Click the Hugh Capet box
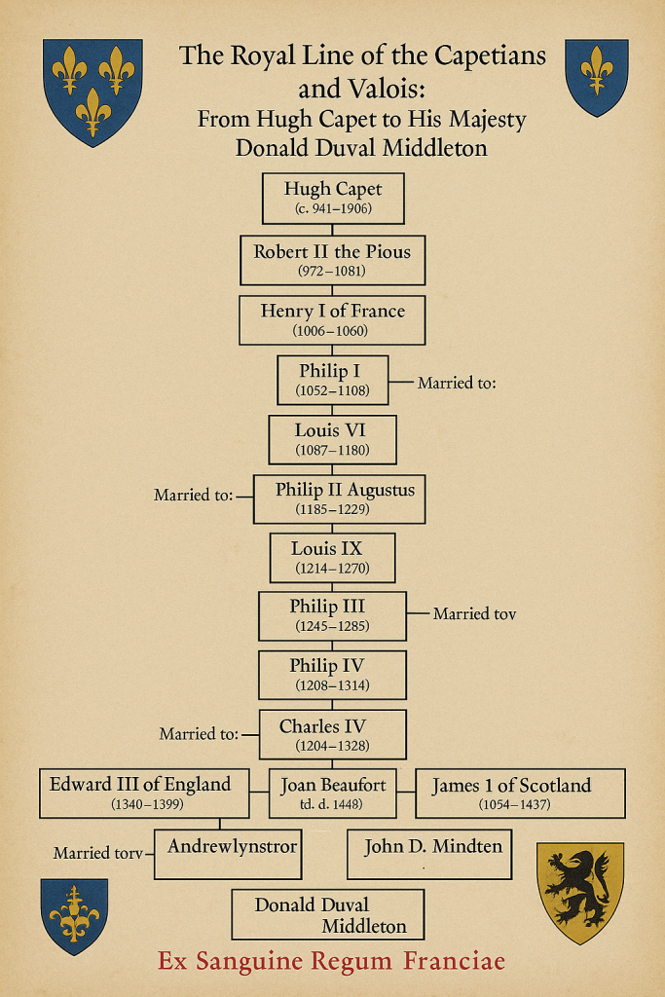tap(333, 199)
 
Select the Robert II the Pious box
tap(333, 260)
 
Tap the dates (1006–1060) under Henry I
tap(331, 331)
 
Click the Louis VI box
tap(333, 439)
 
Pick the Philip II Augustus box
tap(340, 499)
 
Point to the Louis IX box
tap(333, 558)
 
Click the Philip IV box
tap(333, 675)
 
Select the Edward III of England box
tap(144, 793)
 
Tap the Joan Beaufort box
tap(333, 793)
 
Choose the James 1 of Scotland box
tap(520, 793)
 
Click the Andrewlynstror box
tap(228, 854)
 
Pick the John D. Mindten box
tap(429, 854)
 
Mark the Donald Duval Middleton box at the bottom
tap(327, 914)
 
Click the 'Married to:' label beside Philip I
tap(457, 383)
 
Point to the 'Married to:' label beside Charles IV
tap(199, 734)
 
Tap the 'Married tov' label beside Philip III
tap(474, 613)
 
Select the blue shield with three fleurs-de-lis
tap(92, 92)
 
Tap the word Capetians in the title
tap(490, 56)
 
